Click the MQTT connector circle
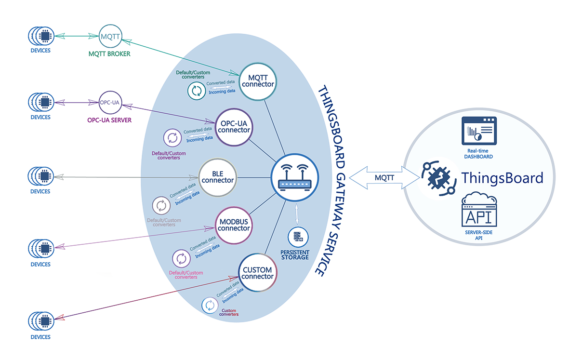(261, 80)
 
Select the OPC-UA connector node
(234, 127)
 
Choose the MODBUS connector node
(234, 225)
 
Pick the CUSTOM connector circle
(257, 273)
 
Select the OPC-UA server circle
(109, 102)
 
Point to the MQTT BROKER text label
(109, 54)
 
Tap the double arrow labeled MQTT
(384, 178)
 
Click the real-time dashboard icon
(478, 132)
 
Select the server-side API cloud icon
(478, 211)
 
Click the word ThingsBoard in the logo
(502, 178)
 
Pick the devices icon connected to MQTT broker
(40, 36)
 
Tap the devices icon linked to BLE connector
(40, 176)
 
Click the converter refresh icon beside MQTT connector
(196, 91)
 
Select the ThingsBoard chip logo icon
(437, 178)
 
